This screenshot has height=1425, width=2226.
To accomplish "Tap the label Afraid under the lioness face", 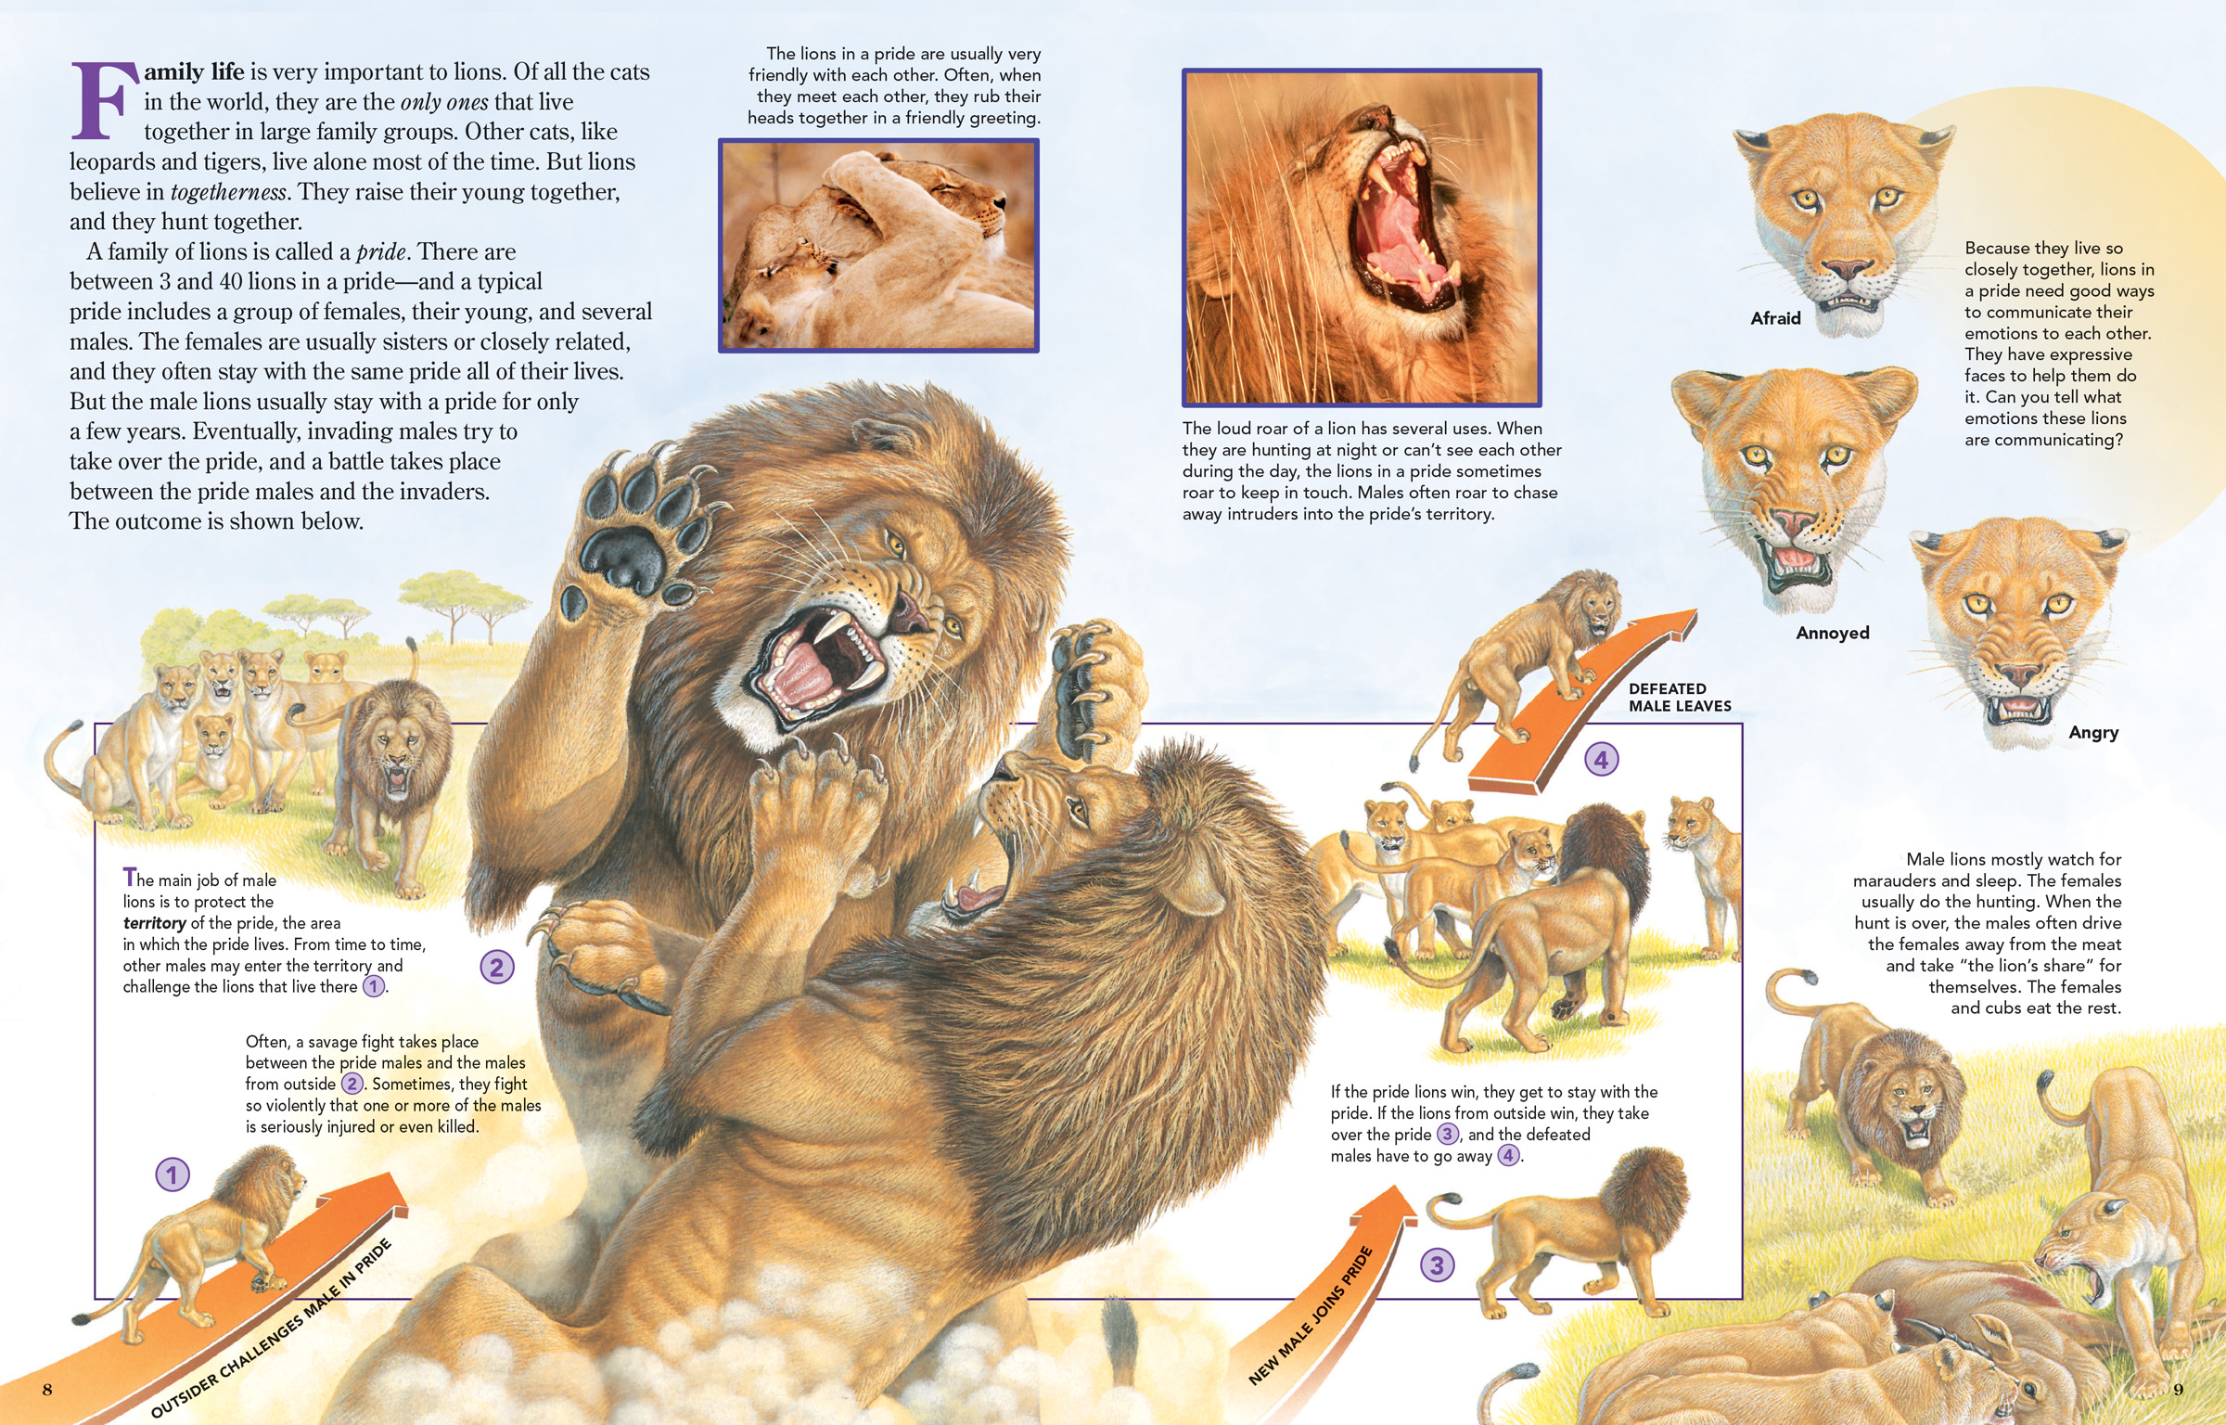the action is (1775, 318).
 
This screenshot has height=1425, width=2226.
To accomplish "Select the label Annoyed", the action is (1832, 633).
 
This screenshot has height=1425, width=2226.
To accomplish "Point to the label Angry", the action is (2093, 733).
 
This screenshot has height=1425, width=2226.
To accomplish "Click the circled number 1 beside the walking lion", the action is (172, 1175).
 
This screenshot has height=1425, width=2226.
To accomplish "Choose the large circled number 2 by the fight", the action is (496, 968).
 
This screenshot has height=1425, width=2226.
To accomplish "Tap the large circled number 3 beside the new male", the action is (1437, 1265).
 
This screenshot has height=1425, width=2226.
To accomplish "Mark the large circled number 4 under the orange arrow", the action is (1601, 760).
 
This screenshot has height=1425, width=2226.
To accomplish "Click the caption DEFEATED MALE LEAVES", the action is (1680, 697).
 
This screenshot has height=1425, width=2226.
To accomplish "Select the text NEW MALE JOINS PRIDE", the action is (1311, 1316).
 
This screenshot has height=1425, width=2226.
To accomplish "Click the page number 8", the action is (47, 1389).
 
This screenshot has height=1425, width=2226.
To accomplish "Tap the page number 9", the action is (2179, 1389).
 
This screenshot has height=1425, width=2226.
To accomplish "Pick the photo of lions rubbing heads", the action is (878, 246).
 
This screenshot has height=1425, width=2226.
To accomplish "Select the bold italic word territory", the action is (155, 923).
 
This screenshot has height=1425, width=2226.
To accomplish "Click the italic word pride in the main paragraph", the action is (381, 251).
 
